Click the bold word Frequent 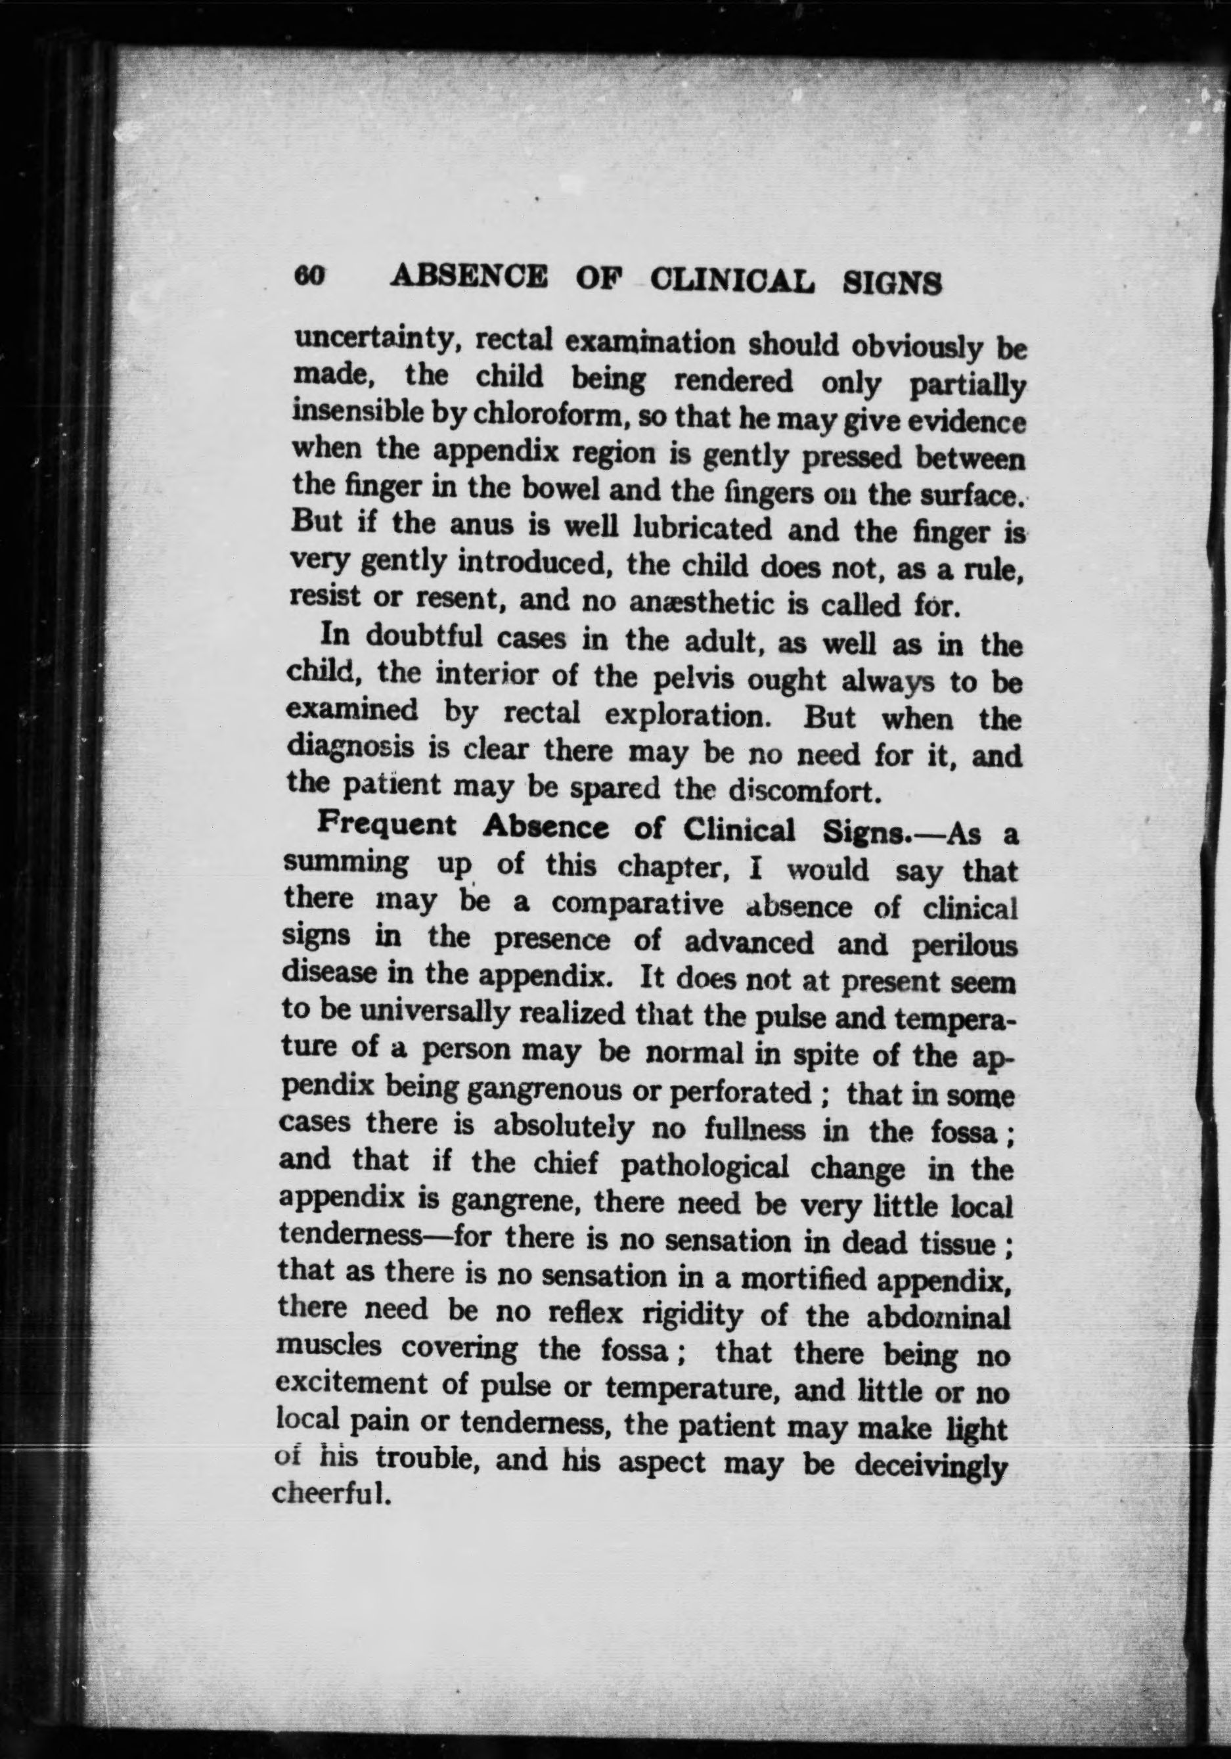point(387,827)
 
